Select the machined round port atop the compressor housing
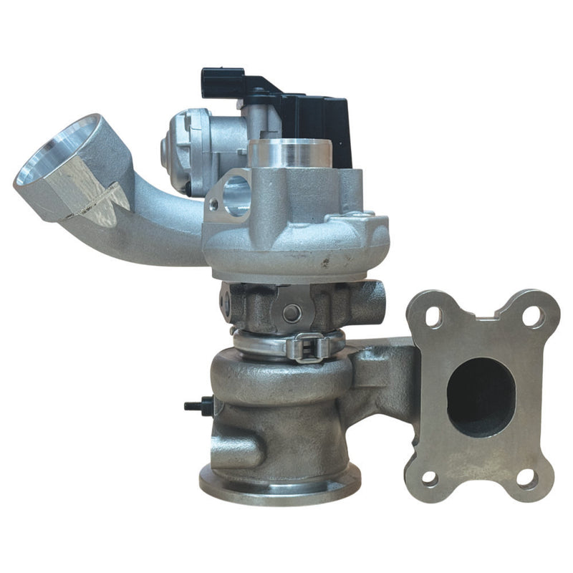(289, 152)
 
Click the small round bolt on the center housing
(291, 312)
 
